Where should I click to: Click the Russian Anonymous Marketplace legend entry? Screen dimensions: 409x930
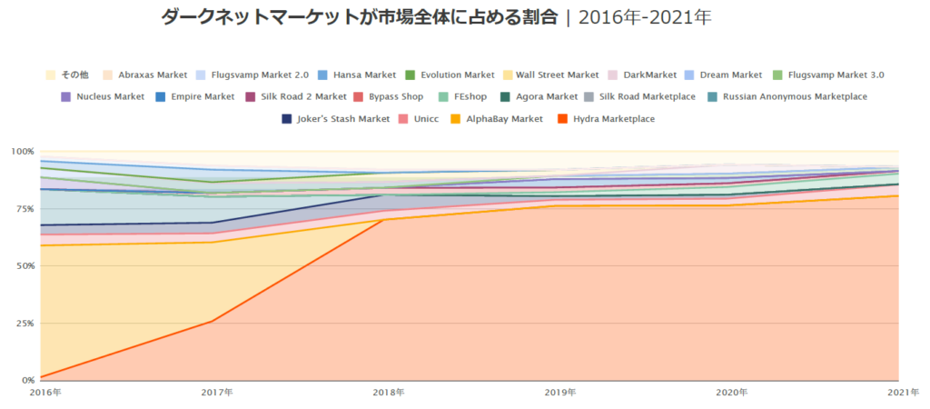(x=795, y=96)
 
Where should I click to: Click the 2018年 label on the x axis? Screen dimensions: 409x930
(x=389, y=393)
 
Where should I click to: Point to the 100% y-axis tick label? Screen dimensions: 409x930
(x=21, y=151)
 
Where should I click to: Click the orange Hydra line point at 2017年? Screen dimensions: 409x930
(x=211, y=321)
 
